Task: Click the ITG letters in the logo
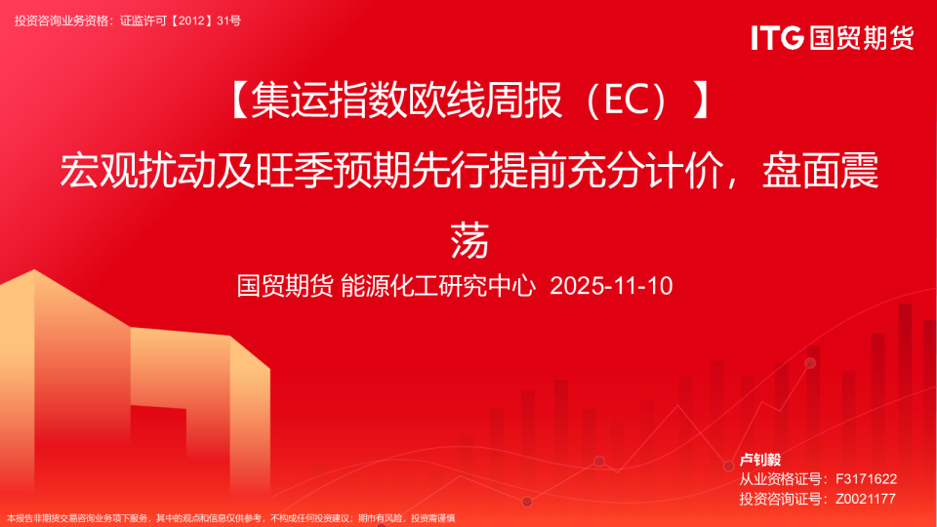click(777, 38)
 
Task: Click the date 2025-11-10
click(611, 286)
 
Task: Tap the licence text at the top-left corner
click(128, 20)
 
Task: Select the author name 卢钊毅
click(760, 460)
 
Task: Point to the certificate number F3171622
click(866, 479)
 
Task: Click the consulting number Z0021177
click(866, 499)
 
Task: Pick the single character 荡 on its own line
click(469, 240)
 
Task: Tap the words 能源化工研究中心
click(438, 286)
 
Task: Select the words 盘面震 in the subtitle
click(820, 170)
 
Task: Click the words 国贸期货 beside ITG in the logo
click(862, 38)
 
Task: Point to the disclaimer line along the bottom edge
click(230, 518)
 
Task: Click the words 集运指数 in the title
click(328, 101)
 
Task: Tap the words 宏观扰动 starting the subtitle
click(137, 170)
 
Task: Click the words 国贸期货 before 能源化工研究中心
click(285, 286)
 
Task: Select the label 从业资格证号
click(781, 479)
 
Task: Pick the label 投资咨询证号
click(781, 499)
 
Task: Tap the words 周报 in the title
click(523, 101)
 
